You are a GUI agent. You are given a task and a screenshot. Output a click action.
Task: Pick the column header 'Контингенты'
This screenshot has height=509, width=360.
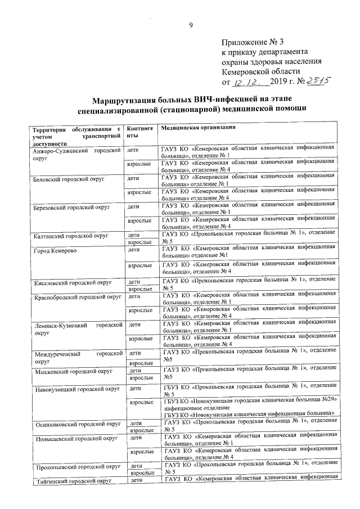pos(139,132)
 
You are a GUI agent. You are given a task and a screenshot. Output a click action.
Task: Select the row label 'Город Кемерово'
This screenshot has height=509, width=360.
pos(54,249)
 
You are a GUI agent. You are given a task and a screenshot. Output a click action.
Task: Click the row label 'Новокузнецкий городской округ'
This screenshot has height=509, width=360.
pos(75,389)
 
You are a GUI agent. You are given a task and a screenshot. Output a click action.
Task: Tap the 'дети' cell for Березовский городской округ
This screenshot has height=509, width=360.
pos(134,206)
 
